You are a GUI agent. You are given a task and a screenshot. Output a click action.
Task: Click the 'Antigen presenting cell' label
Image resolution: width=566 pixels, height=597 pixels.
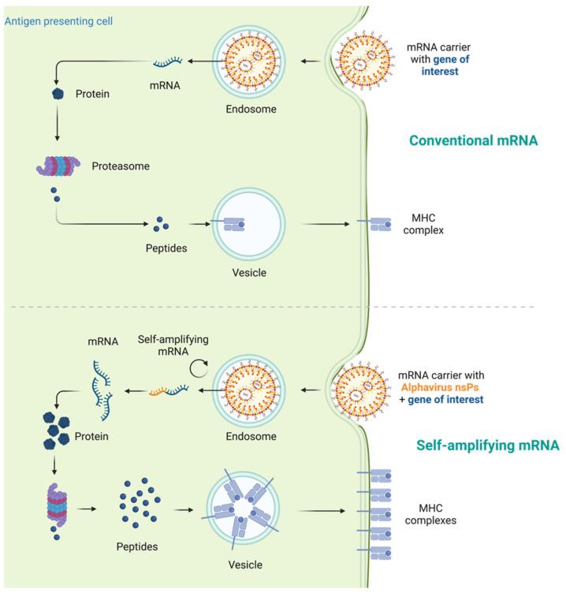tap(58, 20)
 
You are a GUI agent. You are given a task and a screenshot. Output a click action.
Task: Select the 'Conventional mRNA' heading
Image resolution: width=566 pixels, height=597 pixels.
tap(472, 141)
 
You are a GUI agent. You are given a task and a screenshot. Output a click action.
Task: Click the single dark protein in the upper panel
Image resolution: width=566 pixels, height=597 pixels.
tap(58, 93)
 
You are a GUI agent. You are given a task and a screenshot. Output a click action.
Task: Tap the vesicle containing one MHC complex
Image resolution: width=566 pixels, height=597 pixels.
tap(248, 226)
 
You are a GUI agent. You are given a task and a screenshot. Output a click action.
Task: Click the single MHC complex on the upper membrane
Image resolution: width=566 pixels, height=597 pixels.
tap(375, 226)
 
